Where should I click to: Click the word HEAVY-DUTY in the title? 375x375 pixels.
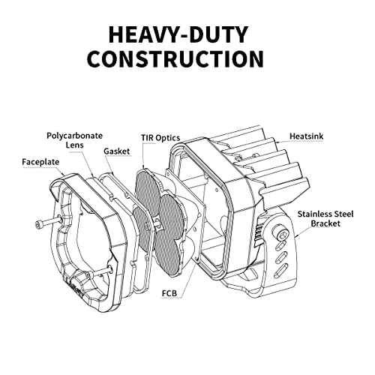coord(178,34)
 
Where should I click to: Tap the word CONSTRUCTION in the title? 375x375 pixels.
coord(175,59)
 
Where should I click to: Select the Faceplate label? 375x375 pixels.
coord(40,162)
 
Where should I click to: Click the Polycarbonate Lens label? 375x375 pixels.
coord(74,140)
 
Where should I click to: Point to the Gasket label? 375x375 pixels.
coord(117,151)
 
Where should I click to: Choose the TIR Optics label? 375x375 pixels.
coord(160,138)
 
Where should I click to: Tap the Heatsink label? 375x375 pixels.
coord(306,136)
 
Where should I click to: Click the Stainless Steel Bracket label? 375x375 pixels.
coord(325,219)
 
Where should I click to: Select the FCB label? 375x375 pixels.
coord(169,293)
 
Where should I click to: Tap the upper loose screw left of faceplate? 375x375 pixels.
coord(48,221)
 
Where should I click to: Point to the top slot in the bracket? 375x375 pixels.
coord(280,246)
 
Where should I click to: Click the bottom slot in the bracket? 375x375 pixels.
coord(280,271)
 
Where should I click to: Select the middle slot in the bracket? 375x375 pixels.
coord(280,257)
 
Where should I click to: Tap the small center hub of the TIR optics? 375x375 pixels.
coord(158,221)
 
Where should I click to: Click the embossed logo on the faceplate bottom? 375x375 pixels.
coord(73,289)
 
